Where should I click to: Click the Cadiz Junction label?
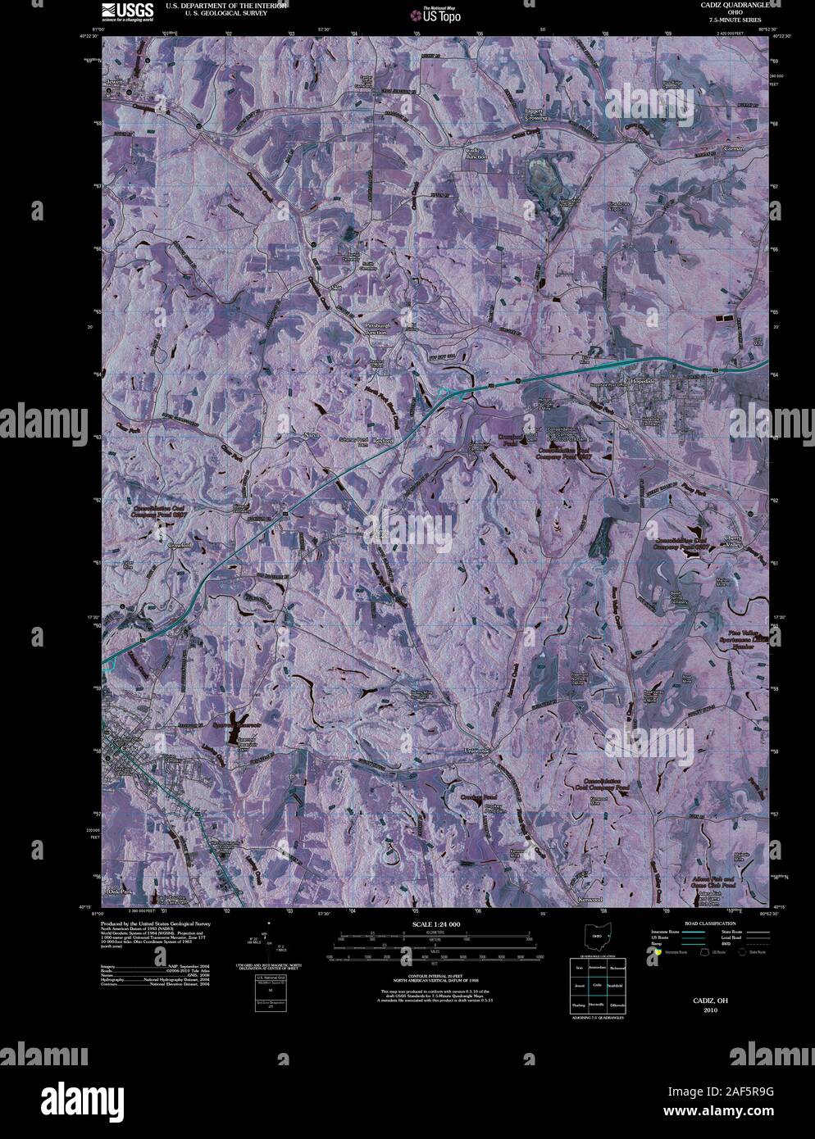[x=476, y=153]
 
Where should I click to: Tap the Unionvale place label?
[x=476, y=751]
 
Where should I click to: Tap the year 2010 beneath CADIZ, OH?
[x=709, y=1010]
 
